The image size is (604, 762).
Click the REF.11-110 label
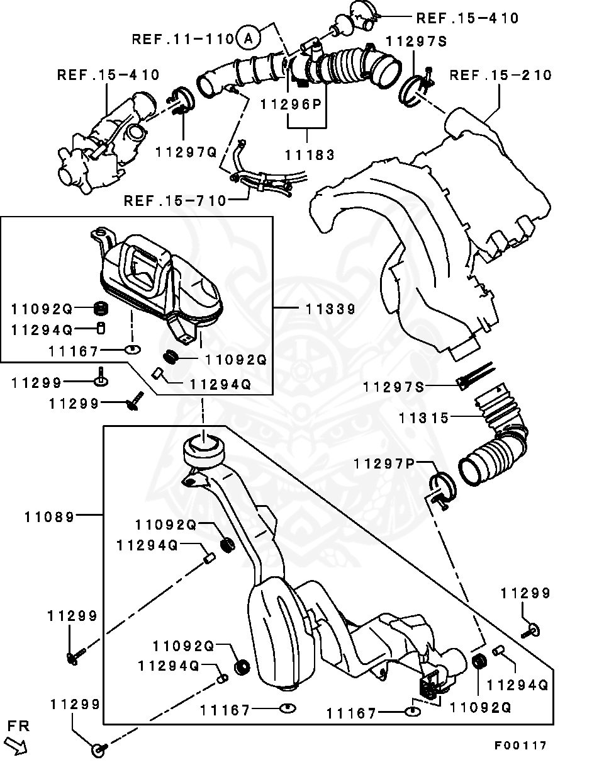(x=183, y=39)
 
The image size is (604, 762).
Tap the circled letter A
(x=248, y=39)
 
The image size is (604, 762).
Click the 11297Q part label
(x=186, y=151)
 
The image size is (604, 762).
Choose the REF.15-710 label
(x=175, y=201)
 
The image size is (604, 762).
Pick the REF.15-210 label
(x=501, y=76)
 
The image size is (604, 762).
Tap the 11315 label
(x=423, y=418)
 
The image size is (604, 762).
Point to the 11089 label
(x=50, y=516)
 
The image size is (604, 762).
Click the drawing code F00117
(x=520, y=746)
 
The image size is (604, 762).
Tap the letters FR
(x=18, y=726)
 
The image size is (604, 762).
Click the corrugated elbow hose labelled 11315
(x=497, y=441)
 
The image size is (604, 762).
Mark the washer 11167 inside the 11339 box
(x=132, y=349)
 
